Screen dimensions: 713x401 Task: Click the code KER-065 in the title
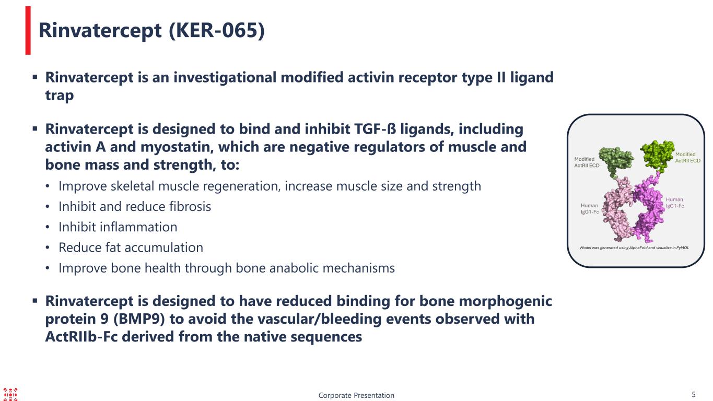click(216, 30)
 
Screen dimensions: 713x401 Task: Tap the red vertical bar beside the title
click(28, 31)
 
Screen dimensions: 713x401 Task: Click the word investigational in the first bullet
click(225, 78)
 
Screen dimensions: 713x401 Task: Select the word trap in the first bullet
click(60, 95)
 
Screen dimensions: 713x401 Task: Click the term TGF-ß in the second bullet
click(375, 129)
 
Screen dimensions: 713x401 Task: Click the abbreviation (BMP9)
click(139, 319)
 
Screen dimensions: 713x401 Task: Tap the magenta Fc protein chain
click(648, 210)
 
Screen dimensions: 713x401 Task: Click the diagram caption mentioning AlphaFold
click(634, 247)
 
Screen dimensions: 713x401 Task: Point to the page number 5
click(694, 394)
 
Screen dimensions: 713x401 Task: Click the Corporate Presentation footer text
click(356, 395)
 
